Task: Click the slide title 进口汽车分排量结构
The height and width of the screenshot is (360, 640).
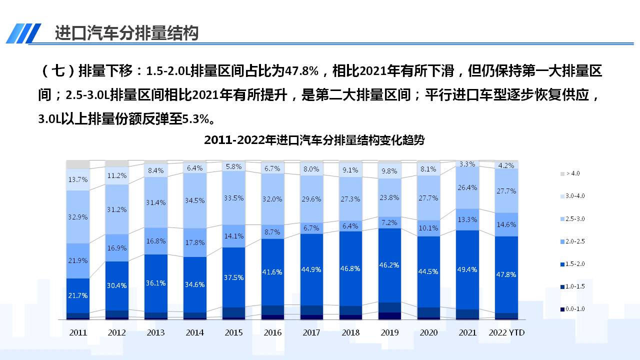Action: point(126,33)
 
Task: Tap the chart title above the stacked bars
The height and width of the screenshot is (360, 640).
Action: point(314,140)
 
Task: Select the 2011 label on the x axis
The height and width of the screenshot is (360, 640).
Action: point(78,332)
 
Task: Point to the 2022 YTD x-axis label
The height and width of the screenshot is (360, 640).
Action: point(506,332)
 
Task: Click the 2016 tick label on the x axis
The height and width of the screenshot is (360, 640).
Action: point(272,332)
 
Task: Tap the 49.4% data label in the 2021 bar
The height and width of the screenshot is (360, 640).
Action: point(467,269)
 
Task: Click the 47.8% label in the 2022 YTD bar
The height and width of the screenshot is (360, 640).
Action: point(506,274)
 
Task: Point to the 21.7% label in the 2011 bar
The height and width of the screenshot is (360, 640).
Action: point(78,295)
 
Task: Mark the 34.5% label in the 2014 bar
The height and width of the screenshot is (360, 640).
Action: point(195,200)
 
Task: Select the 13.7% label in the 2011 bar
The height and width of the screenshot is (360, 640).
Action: point(78,179)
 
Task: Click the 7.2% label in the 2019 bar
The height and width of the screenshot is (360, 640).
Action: point(389,222)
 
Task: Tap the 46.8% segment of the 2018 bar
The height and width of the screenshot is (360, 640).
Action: point(350,268)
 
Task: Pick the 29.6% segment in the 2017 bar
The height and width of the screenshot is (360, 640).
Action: point(311,199)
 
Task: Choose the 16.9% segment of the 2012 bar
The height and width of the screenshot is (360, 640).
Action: point(117,248)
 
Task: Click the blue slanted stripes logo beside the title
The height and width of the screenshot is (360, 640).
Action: point(23,33)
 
